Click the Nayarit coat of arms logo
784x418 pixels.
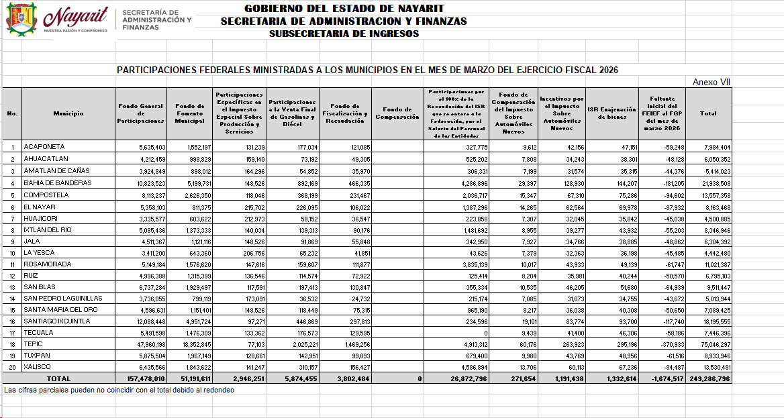click(21, 19)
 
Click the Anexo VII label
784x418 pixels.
click(712, 83)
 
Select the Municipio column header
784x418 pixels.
click(68, 113)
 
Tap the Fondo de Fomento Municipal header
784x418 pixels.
click(189, 113)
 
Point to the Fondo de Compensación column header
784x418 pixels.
click(397, 113)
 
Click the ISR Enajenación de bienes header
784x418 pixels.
click(611, 113)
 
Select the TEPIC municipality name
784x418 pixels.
click(33, 344)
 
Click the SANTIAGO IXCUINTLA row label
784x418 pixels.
click(56, 321)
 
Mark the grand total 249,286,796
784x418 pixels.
click(709, 379)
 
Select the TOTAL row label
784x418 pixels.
click(58, 379)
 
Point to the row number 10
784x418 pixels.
click(12, 252)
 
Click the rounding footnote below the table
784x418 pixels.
click(119, 390)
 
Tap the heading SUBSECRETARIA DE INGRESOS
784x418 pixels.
click(344, 34)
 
